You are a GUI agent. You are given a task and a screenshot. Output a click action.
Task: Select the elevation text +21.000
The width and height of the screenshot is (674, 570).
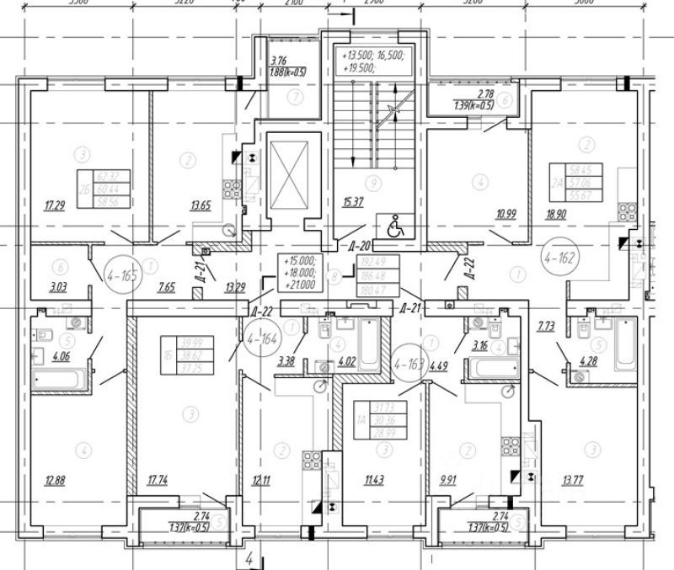(302, 284)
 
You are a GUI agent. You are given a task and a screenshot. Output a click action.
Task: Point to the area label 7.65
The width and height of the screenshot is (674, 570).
(167, 287)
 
